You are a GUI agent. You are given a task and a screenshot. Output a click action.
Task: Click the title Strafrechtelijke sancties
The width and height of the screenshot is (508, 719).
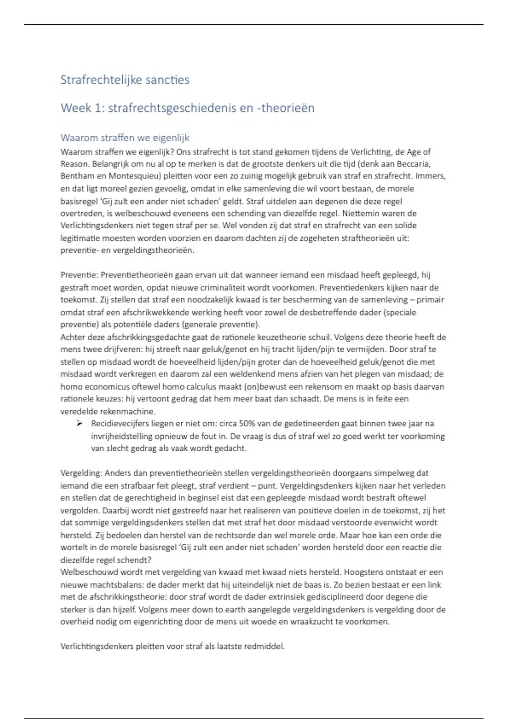[x=124, y=80]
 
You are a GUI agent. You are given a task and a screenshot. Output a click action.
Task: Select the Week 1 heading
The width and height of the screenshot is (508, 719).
[x=187, y=108]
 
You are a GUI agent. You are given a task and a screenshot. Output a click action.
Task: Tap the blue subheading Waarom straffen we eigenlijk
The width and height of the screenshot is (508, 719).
[x=124, y=137]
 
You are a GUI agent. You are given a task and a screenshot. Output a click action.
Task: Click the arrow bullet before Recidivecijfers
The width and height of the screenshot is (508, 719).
[x=79, y=423]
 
